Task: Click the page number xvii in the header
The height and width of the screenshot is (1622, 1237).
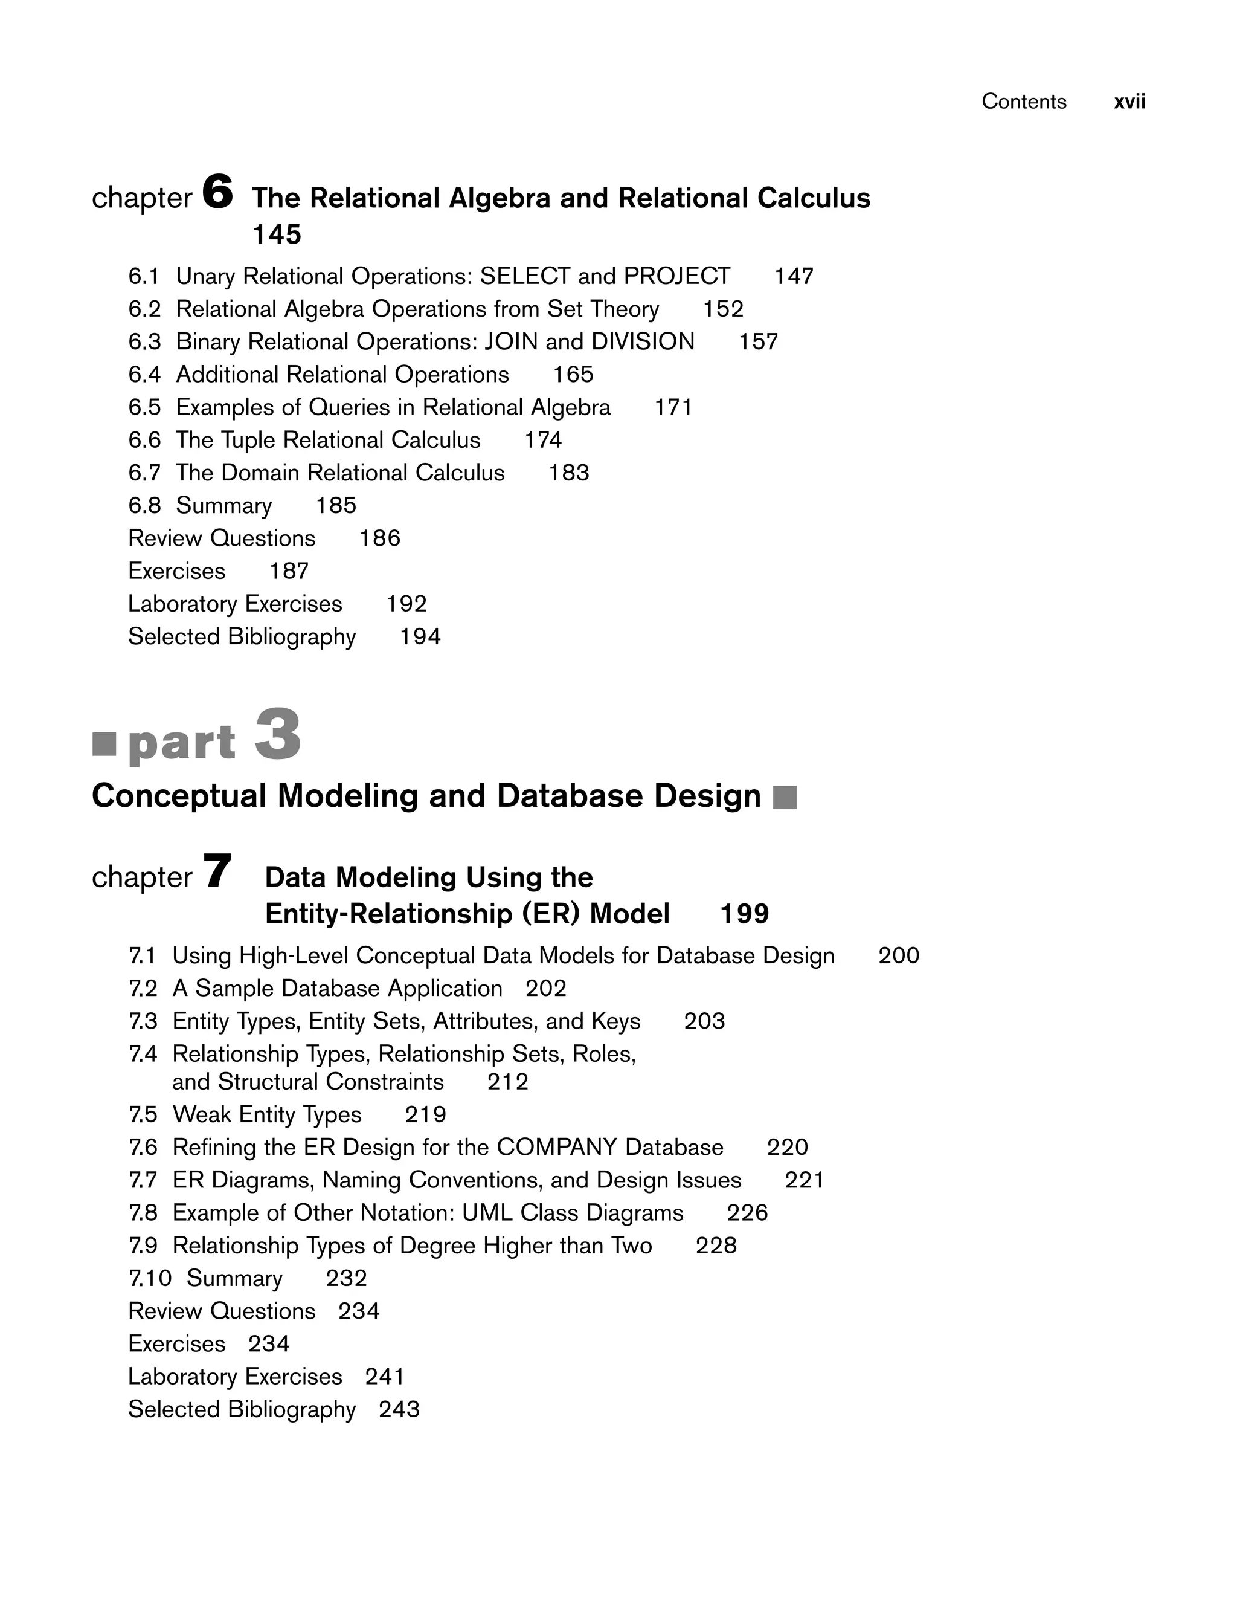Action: point(1129,102)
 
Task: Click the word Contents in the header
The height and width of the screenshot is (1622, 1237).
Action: point(1023,102)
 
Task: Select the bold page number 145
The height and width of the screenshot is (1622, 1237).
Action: point(277,235)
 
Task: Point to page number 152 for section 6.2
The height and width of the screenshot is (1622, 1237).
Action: point(723,309)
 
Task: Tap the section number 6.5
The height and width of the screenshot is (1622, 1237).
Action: point(144,407)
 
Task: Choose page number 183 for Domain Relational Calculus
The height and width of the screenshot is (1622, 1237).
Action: point(568,473)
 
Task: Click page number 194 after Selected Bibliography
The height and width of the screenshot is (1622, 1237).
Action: point(420,636)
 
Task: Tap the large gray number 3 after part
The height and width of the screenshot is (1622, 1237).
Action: point(278,734)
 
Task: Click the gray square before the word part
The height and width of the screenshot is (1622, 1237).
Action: point(104,744)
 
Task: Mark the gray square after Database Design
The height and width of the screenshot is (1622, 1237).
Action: point(785,798)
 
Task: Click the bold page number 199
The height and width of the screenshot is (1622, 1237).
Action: point(744,914)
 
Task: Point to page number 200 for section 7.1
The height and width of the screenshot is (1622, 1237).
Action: point(898,956)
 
